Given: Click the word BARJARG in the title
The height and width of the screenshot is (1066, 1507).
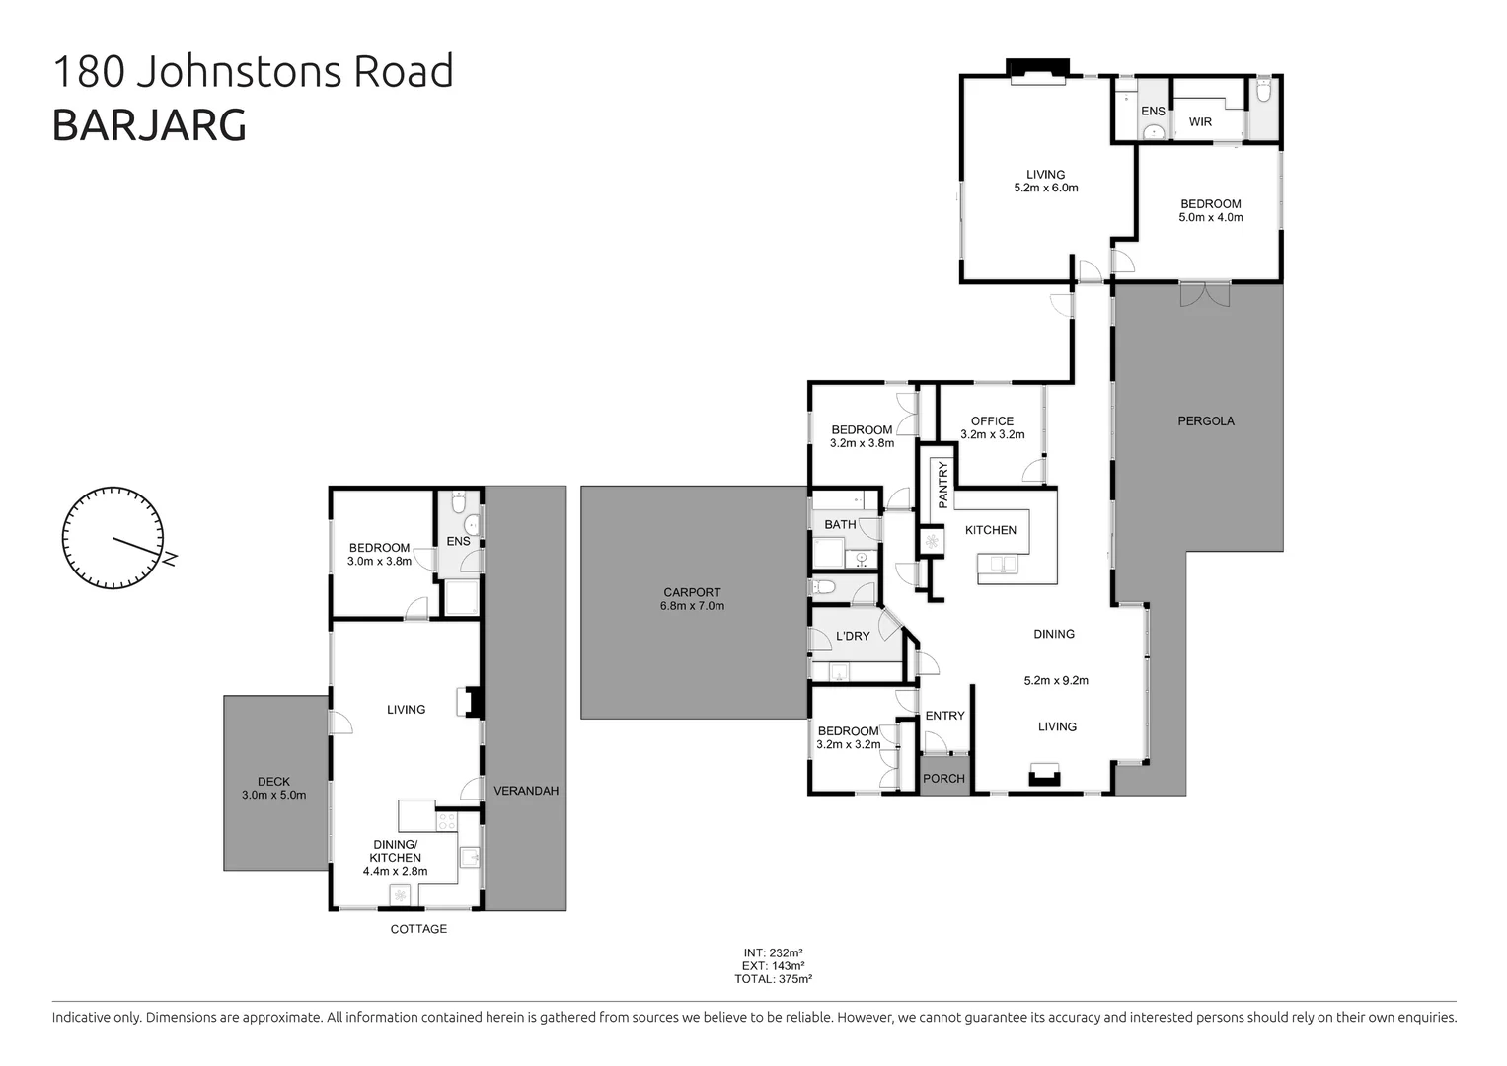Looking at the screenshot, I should tap(149, 125).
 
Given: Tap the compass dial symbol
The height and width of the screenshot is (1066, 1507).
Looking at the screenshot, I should tap(113, 538).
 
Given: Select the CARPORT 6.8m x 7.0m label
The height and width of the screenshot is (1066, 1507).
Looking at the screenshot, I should tap(692, 599).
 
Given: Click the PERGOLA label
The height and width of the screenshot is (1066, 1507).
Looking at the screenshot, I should tap(1206, 420).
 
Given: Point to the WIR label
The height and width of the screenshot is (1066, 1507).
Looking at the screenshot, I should tap(1200, 122).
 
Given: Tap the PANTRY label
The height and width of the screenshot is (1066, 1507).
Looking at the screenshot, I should tap(942, 485).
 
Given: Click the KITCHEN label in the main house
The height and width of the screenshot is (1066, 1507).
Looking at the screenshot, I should tap(990, 530).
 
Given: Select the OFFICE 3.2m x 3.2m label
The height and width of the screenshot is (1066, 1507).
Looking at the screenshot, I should tap(992, 427).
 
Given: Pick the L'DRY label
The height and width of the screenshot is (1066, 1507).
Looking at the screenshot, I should tap(853, 636).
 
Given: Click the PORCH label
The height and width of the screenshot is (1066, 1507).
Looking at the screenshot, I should tap(943, 778).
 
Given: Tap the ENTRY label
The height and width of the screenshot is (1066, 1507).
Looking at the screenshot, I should tap(944, 716).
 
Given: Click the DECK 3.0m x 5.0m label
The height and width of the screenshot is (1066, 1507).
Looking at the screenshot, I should tap(273, 788).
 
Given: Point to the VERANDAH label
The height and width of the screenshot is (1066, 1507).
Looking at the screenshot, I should tap(526, 791).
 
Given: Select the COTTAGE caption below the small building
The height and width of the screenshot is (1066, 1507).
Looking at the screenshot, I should tap(418, 929).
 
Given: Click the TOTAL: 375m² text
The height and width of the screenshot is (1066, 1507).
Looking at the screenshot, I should tap(773, 979).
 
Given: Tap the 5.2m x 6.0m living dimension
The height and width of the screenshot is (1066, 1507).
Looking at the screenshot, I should tap(1046, 188).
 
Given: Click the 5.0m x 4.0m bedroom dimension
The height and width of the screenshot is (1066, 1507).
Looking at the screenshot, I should tap(1211, 217).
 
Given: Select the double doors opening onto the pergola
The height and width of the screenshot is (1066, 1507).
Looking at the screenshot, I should tap(1205, 293).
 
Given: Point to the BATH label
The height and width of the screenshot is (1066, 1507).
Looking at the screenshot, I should tap(840, 524).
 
